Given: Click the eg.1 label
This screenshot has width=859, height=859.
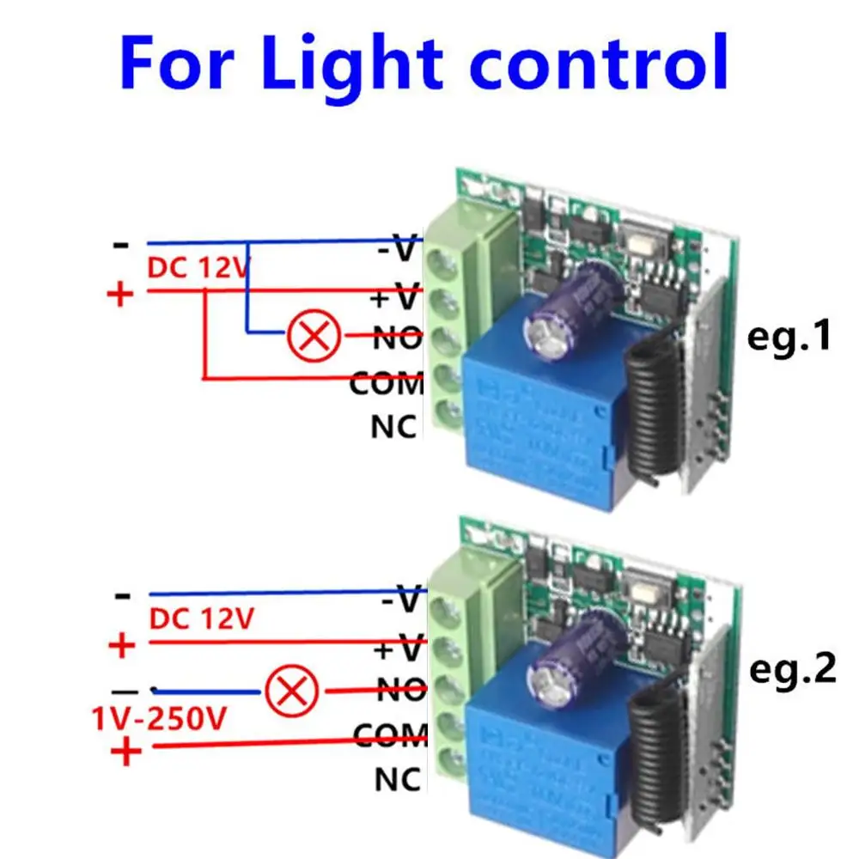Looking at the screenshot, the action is click(x=789, y=338).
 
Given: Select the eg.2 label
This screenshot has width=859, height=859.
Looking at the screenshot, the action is click(x=793, y=669).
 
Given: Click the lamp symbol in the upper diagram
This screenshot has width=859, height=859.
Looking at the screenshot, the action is click(x=314, y=335).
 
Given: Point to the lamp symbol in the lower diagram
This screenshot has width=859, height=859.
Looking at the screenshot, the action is click(x=291, y=691).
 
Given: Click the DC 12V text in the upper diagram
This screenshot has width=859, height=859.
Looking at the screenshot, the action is click(x=198, y=268).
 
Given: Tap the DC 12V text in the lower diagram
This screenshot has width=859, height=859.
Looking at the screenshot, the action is click(x=202, y=619).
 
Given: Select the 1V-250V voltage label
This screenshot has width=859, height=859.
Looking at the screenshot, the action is click(x=159, y=719).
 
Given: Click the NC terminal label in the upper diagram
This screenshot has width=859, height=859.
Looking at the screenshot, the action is click(x=393, y=427).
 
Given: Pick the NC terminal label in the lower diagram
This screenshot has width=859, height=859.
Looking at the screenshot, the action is click(x=398, y=779).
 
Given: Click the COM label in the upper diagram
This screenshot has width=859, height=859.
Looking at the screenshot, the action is click(x=387, y=383).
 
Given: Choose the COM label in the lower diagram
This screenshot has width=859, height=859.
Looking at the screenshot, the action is click(x=390, y=735).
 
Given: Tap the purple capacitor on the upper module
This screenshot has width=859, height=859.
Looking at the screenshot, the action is click(x=573, y=310).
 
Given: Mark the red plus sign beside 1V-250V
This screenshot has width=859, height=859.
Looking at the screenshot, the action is click(x=126, y=751).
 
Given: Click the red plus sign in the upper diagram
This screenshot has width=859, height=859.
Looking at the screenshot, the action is click(x=120, y=295).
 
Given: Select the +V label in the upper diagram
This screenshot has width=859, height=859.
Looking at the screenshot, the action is click(x=395, y=298).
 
